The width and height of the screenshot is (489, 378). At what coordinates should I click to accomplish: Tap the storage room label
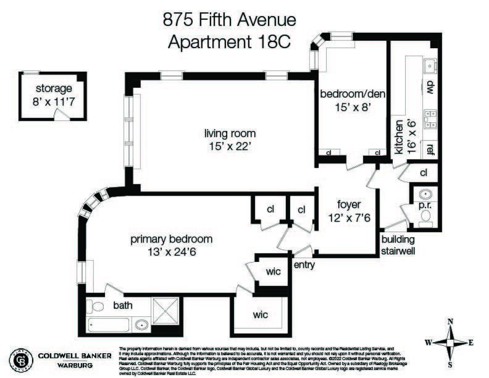click(x=53, y=88)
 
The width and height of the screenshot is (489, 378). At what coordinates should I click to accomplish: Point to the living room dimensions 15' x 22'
click(x=230, y=146)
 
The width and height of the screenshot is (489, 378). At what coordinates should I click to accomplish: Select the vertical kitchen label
click(x=399, y=137)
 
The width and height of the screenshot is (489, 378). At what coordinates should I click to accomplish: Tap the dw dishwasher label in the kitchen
click(x=430, y=87)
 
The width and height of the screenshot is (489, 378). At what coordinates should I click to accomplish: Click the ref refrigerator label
click(x=430, y=149)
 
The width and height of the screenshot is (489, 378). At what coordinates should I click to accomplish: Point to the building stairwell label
click(x=398, y=245)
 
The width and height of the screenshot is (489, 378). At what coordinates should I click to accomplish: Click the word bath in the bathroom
click(x=122, y=304)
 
